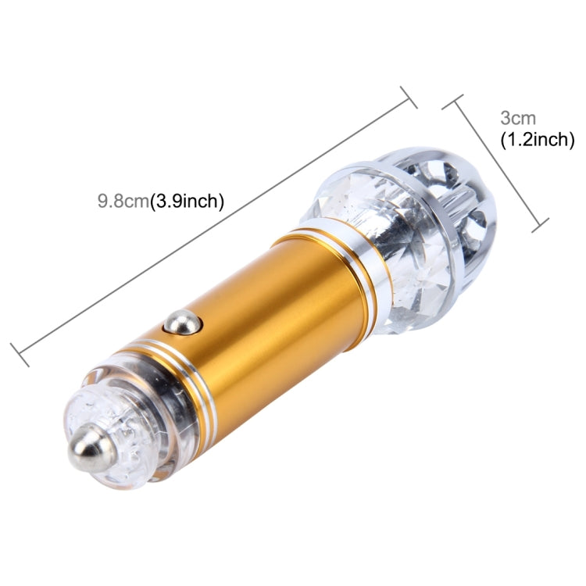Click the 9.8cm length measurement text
coord(123,202)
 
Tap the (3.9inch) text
coord(187,202)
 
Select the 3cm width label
coord(518,119)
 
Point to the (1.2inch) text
coord(537,140)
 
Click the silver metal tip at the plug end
coord(91,448)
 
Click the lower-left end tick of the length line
coord(20,355)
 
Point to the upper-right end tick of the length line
coord(409,97)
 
